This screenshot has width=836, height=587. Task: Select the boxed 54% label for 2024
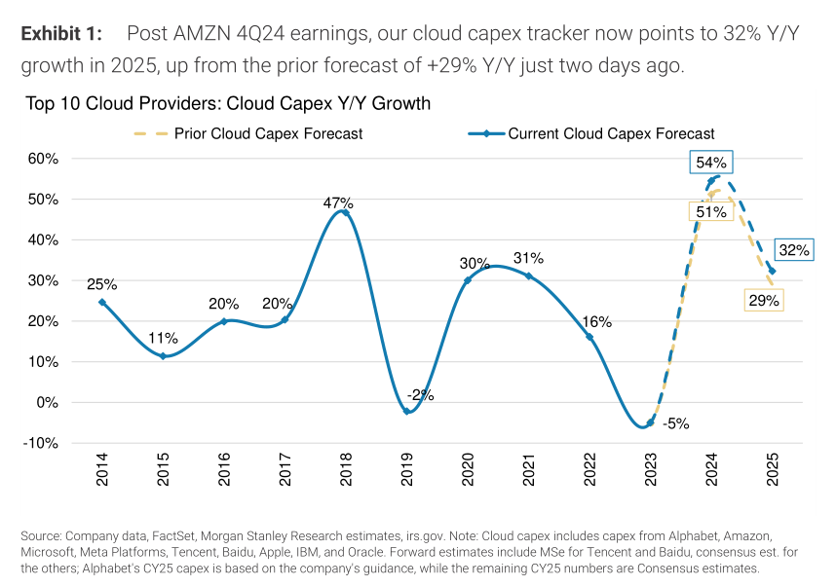pos(711,163)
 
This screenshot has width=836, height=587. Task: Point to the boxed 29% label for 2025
pos(763,301)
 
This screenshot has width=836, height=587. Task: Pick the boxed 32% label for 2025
pos(794,250)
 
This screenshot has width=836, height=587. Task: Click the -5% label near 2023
pos(676,423)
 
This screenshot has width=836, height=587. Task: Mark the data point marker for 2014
pos(102,303)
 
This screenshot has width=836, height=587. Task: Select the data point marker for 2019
pos(407,411)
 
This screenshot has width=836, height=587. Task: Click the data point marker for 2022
pos(589,337)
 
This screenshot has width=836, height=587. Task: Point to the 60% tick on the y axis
pos(45,159)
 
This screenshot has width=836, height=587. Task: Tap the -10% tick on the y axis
pos(44,443)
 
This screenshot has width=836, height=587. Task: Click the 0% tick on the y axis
pos(50,402)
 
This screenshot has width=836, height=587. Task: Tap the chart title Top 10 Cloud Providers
pos(229,103)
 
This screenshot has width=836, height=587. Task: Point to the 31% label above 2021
pos(529,258)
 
